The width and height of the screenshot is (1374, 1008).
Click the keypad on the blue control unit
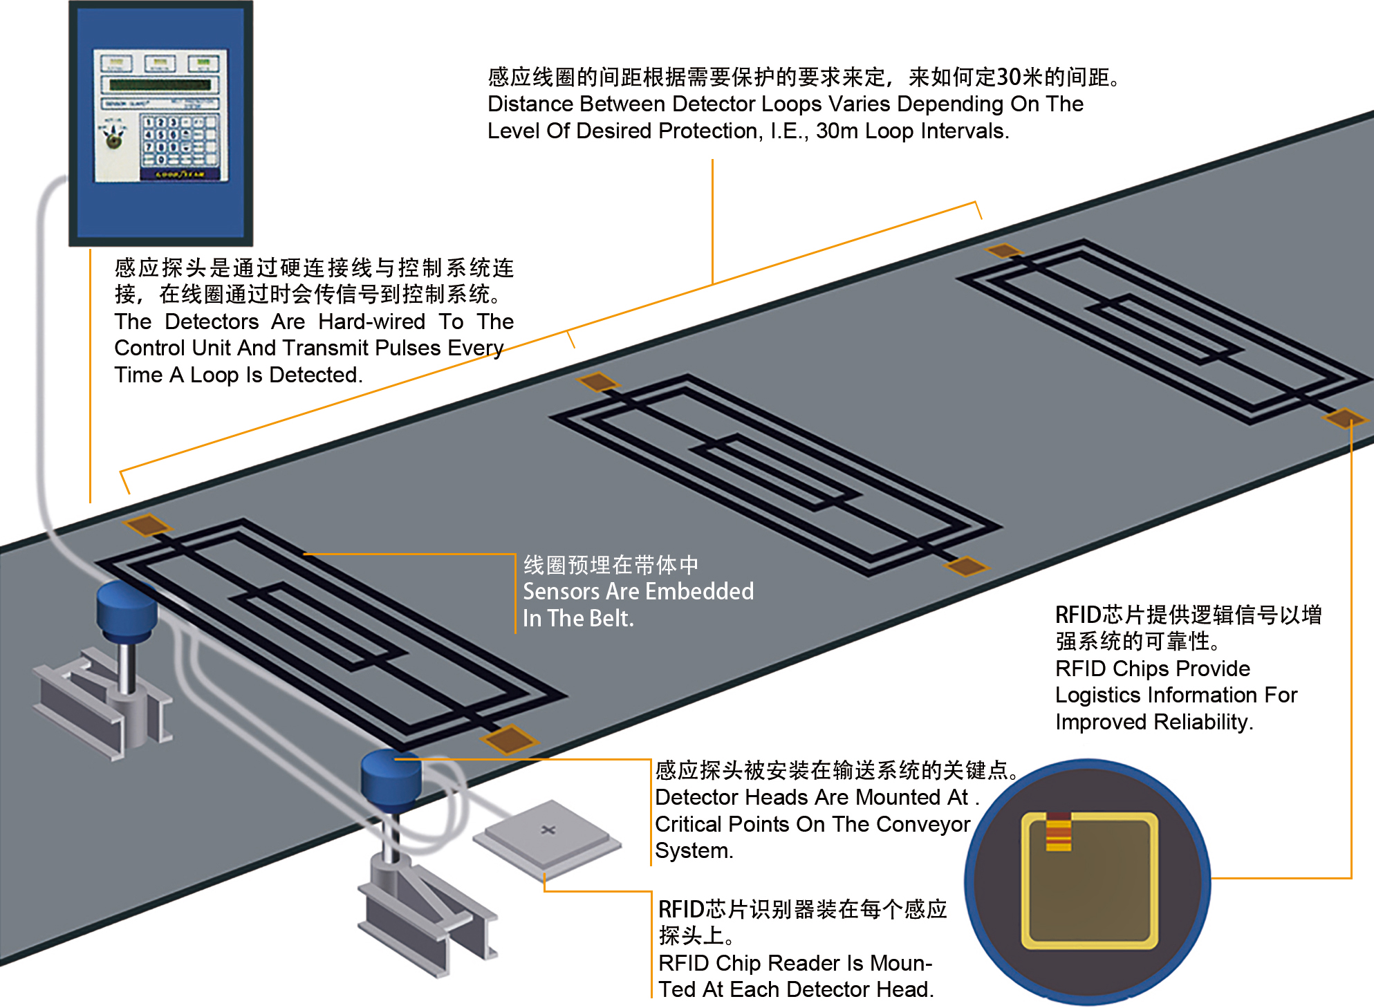[179, 141]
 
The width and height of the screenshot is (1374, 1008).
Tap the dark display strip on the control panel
[160, 85]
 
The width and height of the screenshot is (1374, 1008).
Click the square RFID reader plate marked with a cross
[548, 832]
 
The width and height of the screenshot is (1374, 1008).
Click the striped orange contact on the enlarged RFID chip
[1058, 831]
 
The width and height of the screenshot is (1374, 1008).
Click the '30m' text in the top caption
[837, 131]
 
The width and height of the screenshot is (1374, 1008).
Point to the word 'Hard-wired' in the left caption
[371, 321]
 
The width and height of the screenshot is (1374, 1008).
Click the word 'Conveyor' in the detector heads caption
[929, 824]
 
